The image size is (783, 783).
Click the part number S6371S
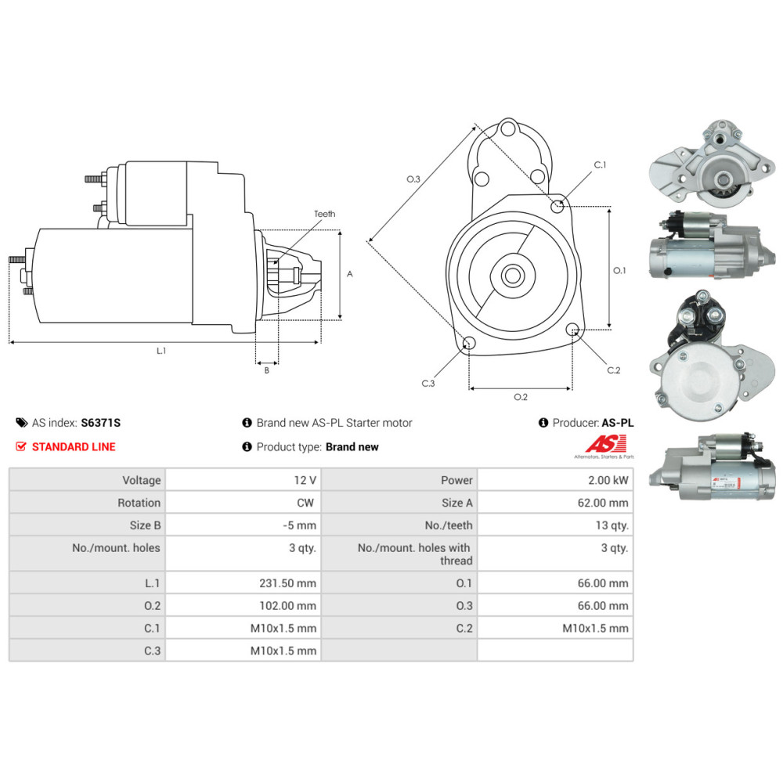pyautogui.click(x=101, y=423)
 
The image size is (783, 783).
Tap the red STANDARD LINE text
pyautogui.click(x=74, y=447)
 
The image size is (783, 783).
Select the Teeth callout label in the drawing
pyautogui.click(x=324, y=214)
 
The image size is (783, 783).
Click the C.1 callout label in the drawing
pyautogui.click(x=600, y=165)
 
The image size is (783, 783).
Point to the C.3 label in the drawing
pyautogui.click(x=428, y=384)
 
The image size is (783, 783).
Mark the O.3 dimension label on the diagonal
pyautogui.click(x=413, y=179)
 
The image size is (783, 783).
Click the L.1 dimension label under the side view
pyautogui.click(x=161, y=351)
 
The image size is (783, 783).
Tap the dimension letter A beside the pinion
pyautogui.click(x=350, y=274)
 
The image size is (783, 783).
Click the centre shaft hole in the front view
pyautogui.click(x=513, y=275)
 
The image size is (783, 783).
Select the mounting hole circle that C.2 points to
pyautogui.click(x=572, y=330)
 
